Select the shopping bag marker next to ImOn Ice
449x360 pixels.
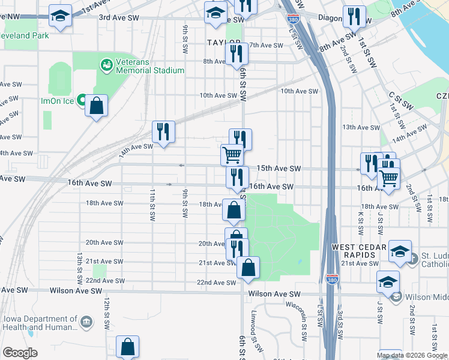[96, 106]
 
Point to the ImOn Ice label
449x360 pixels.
[58, 101]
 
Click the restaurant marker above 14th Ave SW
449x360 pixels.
[163, 133]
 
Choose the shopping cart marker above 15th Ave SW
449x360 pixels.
[232, 155]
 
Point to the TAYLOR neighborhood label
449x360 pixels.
[223, 43]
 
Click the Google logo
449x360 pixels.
[20, 353]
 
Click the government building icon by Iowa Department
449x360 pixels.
[88, 323]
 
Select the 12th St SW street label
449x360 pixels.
[106, 308]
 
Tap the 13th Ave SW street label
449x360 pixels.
[361, 127]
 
